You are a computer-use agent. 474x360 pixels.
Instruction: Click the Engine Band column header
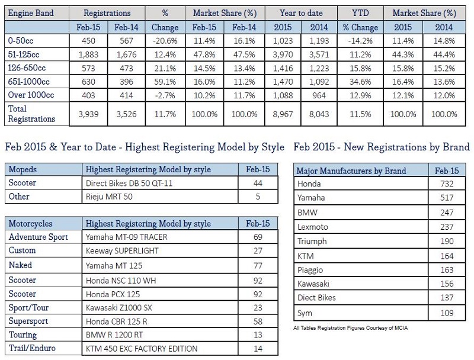(x=31, y=13)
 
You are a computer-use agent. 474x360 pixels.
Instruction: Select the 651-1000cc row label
(x=28, y=82)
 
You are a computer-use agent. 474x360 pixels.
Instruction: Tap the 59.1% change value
(x=165, y=82)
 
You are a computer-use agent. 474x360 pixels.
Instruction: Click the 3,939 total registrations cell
(x=88, y=114)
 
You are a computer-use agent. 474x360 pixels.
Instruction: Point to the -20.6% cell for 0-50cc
(x=165, y=41)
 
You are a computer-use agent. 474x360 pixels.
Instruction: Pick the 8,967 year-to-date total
(x=283, y=114)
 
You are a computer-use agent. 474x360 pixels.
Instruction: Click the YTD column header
(x=360, y=13)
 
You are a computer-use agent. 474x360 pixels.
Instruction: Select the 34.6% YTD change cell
(x=360, y=82)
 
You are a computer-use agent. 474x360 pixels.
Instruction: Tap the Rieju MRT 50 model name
(x=109, y=197)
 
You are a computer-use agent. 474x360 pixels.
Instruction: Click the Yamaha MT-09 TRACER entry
(x=126, y=237)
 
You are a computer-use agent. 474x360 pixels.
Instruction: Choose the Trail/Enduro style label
(x=32, y=348)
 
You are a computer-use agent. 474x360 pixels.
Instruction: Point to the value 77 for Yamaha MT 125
(x=258, y=266)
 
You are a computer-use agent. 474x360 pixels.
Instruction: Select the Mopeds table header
(x=23, y=169)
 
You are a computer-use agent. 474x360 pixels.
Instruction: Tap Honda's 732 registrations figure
(x=447, y=184)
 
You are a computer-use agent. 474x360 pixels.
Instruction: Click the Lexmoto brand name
(x=313, y=227)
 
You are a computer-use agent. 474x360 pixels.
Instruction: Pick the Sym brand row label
(x=305, y=313)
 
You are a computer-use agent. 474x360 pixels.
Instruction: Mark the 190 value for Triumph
(x=447, y=242)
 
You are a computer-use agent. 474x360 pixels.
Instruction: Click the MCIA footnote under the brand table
(x=350, y=328)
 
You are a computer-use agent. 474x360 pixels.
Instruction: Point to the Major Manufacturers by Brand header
(x=351, y=171)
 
